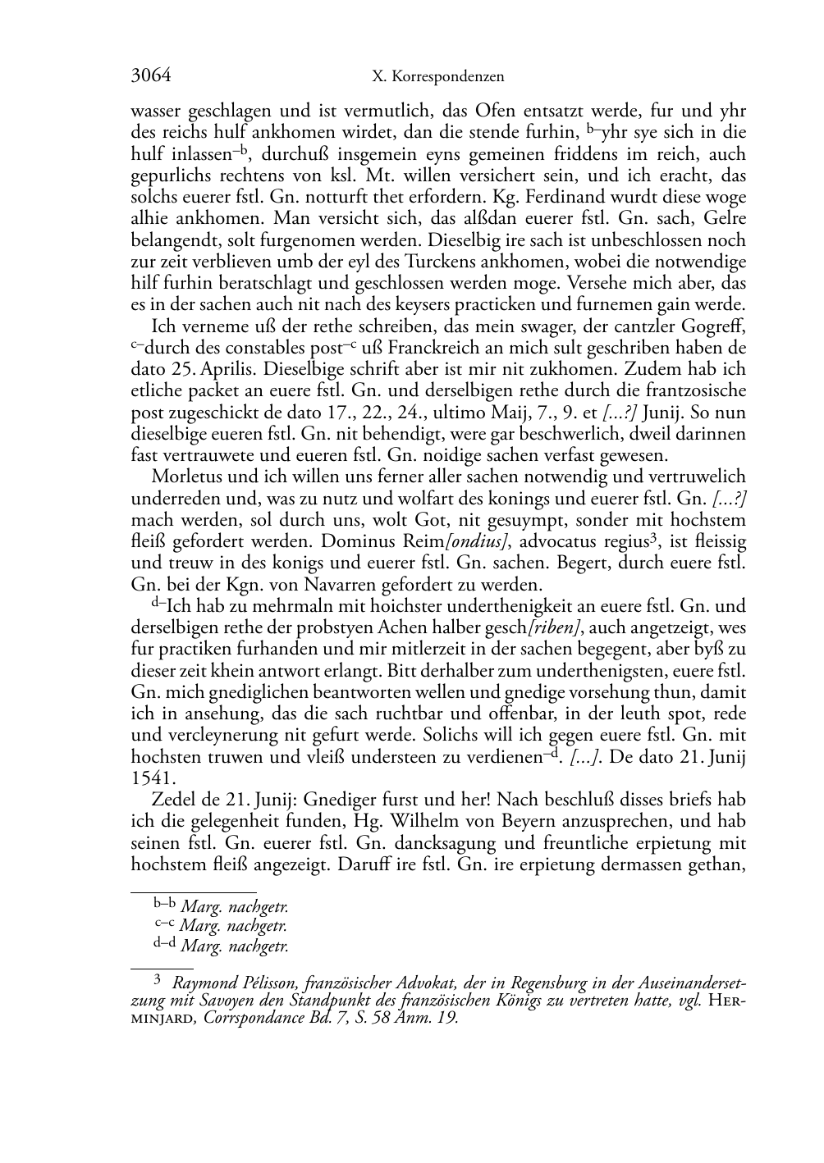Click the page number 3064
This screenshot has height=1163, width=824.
click(151, 76)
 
